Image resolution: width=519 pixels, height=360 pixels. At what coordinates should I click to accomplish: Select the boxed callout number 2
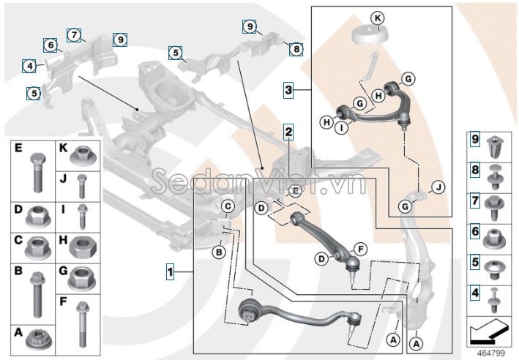[289, 132]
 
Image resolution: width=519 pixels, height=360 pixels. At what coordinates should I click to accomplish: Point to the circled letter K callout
[377, 18]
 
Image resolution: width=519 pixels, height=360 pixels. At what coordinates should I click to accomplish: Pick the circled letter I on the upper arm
[341, 127]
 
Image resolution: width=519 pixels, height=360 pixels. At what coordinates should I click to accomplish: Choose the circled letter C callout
[228, 206]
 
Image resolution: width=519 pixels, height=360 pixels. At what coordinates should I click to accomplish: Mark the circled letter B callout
[217, 252]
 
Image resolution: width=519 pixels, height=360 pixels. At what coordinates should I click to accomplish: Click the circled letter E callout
[294, 192]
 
